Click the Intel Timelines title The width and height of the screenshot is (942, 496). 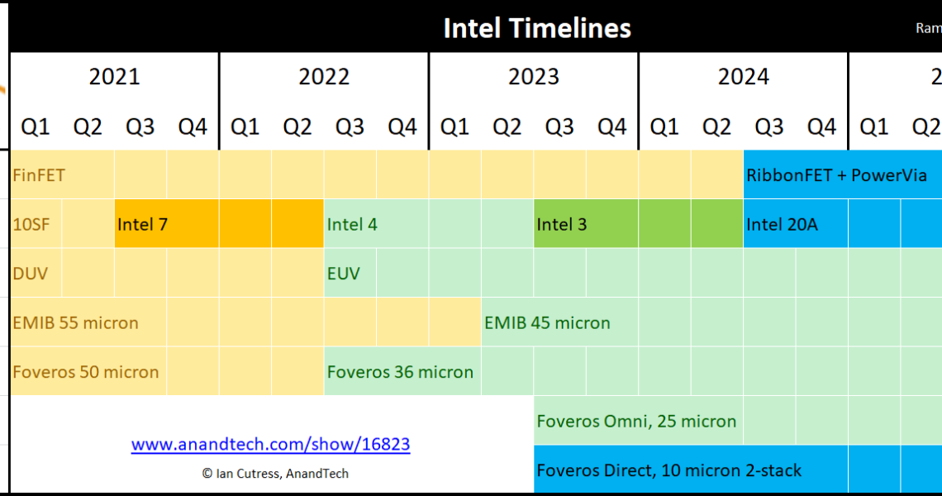537,27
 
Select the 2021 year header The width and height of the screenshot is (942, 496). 114,76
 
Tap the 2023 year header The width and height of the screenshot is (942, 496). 534,76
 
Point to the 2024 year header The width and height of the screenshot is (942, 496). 743,76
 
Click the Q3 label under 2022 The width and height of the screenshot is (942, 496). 350,126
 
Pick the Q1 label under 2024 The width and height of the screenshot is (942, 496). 664,126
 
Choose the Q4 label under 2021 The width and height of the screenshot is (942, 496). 193,126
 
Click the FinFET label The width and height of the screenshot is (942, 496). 39,175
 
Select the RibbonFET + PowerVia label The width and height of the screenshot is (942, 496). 836,175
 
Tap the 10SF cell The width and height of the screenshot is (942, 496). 36,224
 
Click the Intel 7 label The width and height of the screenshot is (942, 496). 142,224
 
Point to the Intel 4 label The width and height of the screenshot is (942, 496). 352,224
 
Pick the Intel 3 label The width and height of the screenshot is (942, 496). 562,224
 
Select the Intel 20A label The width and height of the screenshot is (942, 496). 783,224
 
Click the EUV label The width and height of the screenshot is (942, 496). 343,274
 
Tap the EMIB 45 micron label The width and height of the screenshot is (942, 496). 547,323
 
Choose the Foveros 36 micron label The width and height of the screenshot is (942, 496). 400,372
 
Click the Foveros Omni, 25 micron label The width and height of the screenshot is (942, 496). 636,421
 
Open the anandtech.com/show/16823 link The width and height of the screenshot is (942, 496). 270,444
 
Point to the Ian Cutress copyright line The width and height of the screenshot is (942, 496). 275,474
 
